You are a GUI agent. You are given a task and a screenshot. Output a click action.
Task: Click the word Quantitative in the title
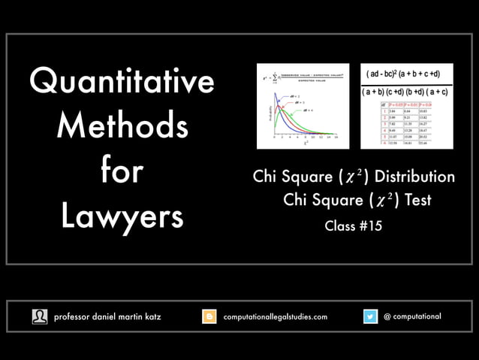click(122, 82)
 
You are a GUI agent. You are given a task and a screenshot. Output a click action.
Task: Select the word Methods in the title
click(122, 126)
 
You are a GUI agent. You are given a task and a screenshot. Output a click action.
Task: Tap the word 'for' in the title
click(122, 171)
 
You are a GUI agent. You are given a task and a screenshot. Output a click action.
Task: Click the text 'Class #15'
click(354, 225)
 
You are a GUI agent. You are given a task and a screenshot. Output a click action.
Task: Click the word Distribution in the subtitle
click(414, 177)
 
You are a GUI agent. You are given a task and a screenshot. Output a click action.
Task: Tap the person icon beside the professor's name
click(39, 317)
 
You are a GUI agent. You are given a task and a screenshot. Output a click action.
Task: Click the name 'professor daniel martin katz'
click(107, 317)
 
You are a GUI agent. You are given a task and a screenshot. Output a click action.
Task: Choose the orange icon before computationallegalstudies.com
click(210, 317)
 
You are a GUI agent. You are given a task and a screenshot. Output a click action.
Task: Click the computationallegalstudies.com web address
click(276, 317)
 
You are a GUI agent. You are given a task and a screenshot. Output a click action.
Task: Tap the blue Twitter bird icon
click(371, 317)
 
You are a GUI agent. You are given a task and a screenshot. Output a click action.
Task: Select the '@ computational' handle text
click(412, 316)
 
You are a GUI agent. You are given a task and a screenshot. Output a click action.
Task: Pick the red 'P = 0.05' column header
click(397, 104)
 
